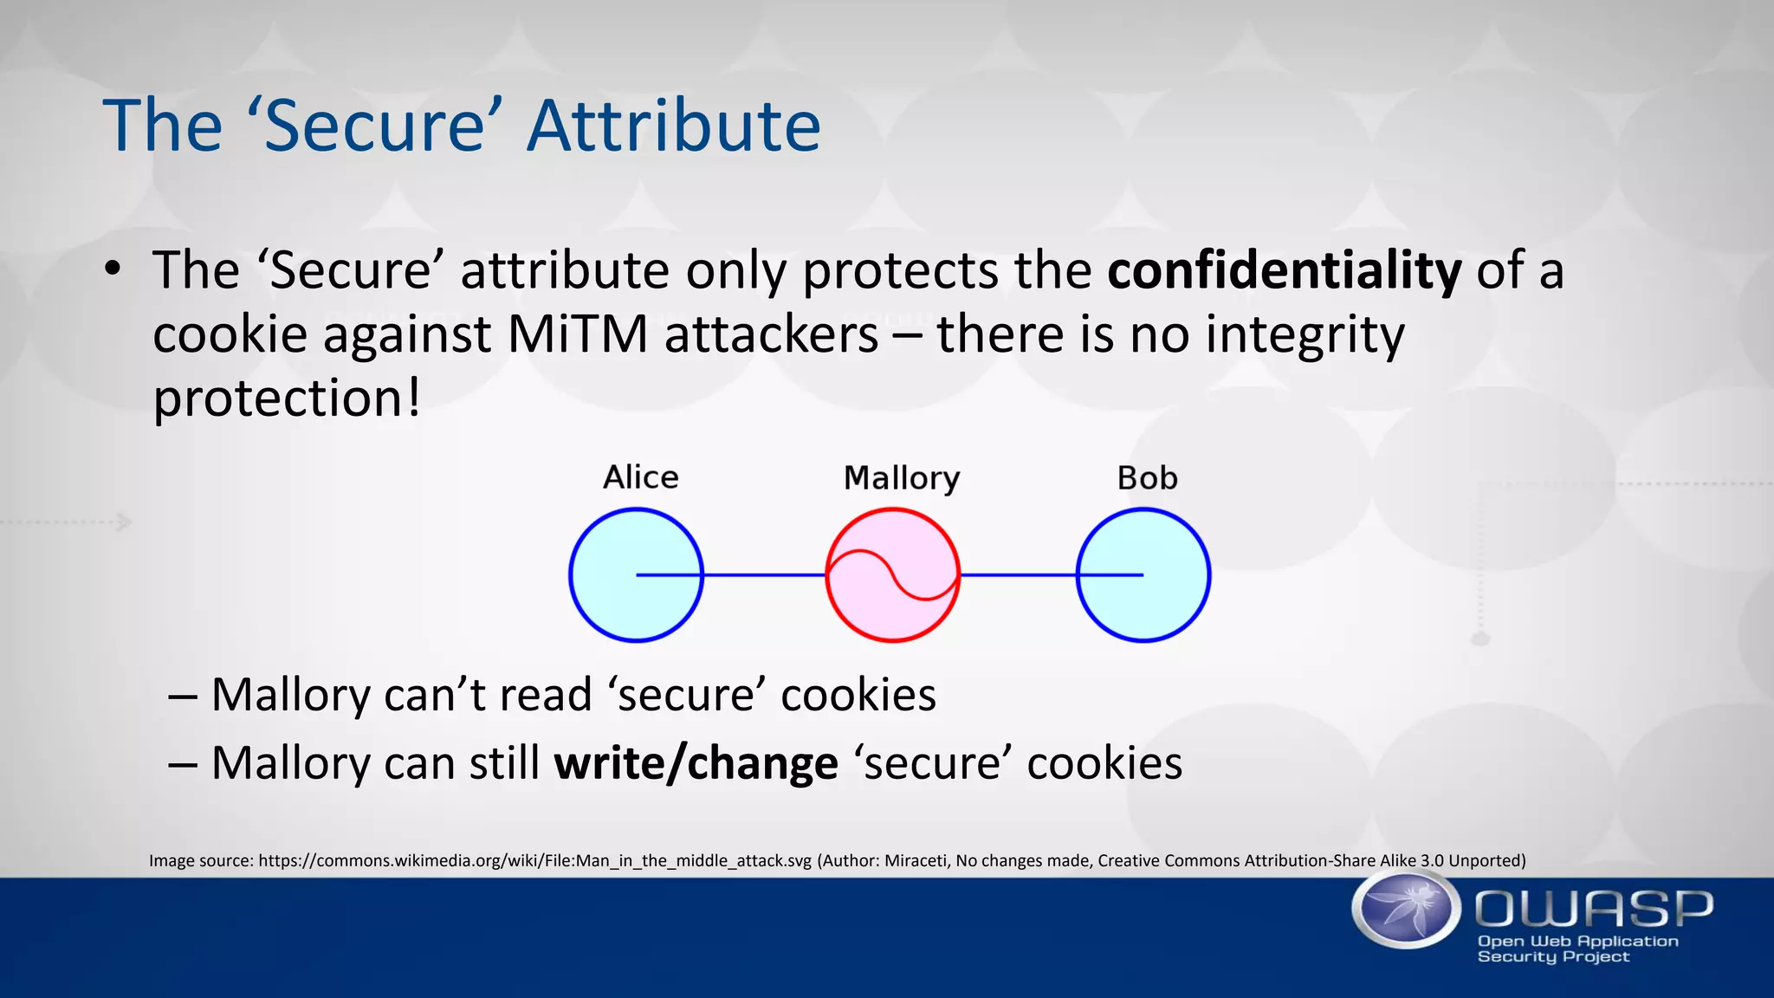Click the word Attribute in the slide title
point(673,126)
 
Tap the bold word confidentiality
point(1284,270)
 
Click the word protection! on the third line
point(287,399)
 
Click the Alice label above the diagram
point(640,477)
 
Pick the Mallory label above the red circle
point(901,478)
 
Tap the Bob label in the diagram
point(1147,478)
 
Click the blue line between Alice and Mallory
point(763,574)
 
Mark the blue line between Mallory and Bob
point(1017,574)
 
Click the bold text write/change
point(696,763)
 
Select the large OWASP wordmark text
point(1594,909)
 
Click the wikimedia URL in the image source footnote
point(534,860)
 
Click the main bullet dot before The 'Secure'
point(112,270)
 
